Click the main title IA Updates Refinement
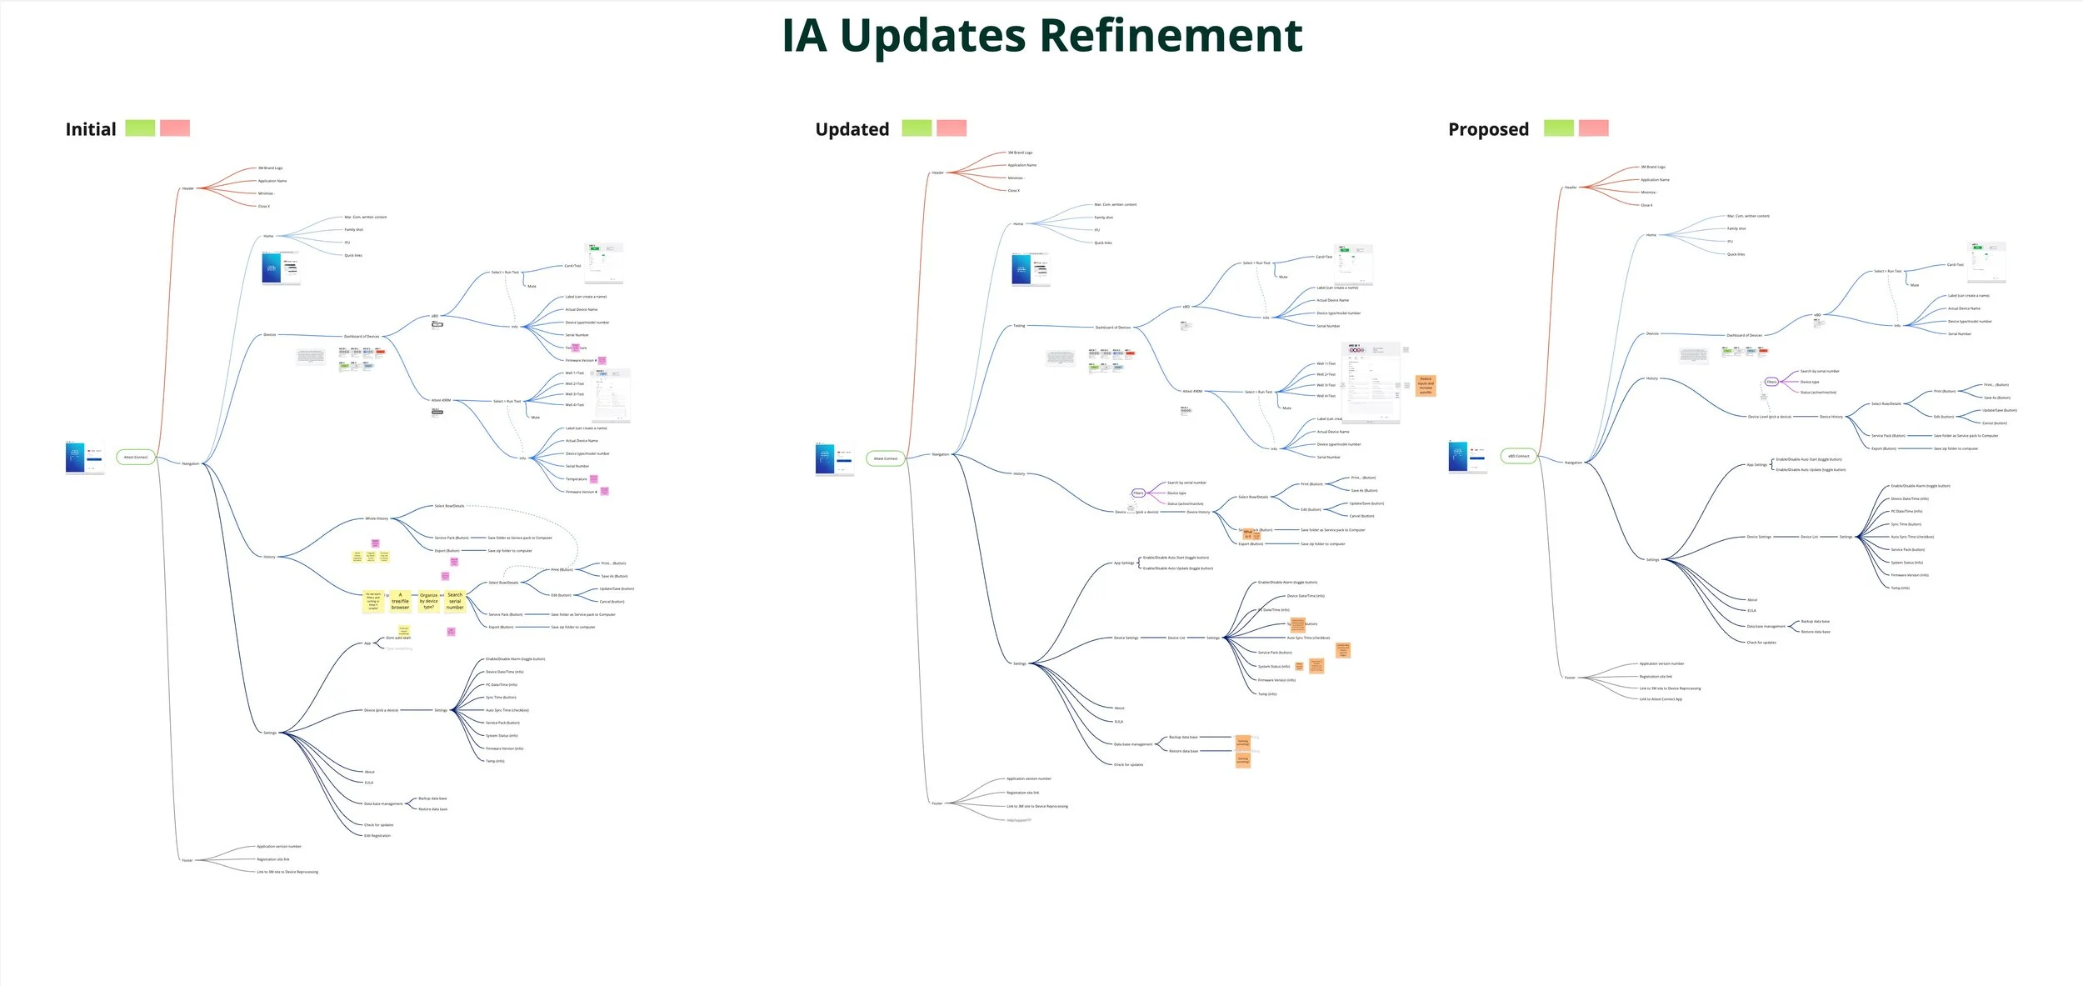coord(1041,37)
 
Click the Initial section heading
coord(91,129)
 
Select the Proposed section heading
coord(1488,129)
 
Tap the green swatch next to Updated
coord(917,128)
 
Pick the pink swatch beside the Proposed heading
coord(1593,128)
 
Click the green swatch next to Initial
coord(140,128)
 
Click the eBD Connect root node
coord(1519,456)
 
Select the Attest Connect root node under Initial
coord(135,457)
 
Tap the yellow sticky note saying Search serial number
coord(455,601)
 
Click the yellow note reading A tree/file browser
coord(400,601)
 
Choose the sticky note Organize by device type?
coord(428,601)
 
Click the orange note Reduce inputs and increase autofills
coord(1426,385)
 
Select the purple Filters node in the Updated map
coord(1138,493)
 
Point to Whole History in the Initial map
coord(377,518)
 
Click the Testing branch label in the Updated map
coord(1019,326)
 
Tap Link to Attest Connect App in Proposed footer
coord(1661,699)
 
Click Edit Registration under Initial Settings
coord(377,835)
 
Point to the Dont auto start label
coord(398,638)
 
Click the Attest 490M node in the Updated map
coord(1192,391)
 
